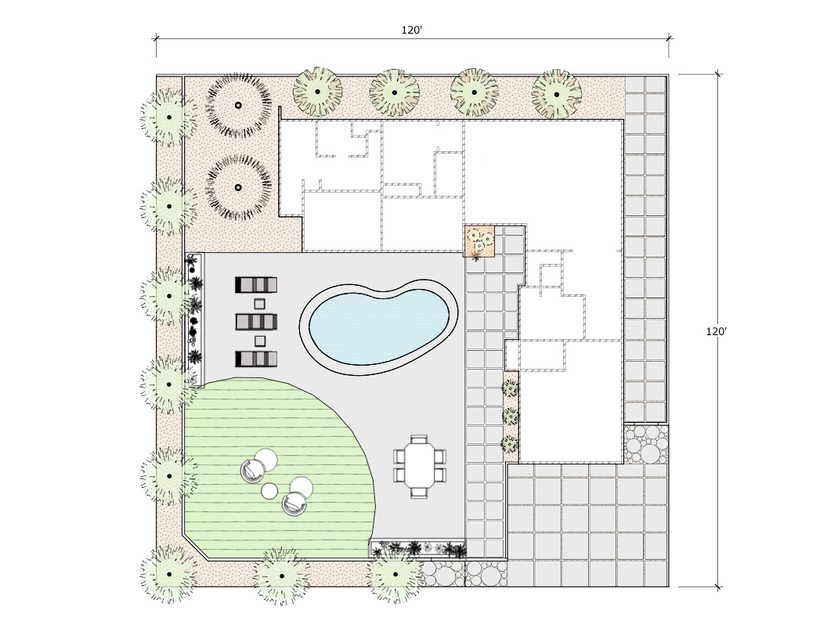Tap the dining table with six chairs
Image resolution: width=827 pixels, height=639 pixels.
coord(420,466)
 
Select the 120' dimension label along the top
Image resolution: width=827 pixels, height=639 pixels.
coord(412,30)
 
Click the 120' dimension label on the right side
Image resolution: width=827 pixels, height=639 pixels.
coord(717,331)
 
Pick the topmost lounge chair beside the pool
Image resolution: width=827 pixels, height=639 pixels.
coord(256,285)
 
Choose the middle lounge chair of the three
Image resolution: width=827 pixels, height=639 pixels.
coord(256,322)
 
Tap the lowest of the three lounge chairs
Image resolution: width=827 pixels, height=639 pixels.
coord(256,359)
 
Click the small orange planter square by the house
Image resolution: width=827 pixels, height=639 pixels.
coord(479,241)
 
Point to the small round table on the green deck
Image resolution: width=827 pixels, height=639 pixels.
coord(269,491)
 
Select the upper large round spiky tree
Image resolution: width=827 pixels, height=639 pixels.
coord(238,106)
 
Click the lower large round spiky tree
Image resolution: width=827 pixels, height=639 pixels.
coord(238,187)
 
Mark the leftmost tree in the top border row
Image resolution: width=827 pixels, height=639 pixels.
coord(317,91)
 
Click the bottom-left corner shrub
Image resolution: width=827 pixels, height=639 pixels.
coord(169,574)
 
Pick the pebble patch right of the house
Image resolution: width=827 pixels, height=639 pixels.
coord(647,444)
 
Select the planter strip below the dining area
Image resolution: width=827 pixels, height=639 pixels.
coord(417,549)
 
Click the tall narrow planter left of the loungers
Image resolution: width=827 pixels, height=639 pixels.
coord(195,320)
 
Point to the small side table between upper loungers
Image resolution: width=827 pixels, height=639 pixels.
coord(259,304)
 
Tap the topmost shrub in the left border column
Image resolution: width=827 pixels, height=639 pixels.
coord(169,117)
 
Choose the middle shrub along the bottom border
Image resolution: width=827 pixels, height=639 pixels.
coord(282,576)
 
